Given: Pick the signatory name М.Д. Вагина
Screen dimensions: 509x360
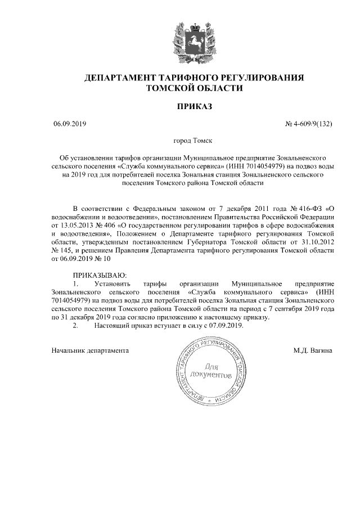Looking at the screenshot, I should click(x=313, y=350).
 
